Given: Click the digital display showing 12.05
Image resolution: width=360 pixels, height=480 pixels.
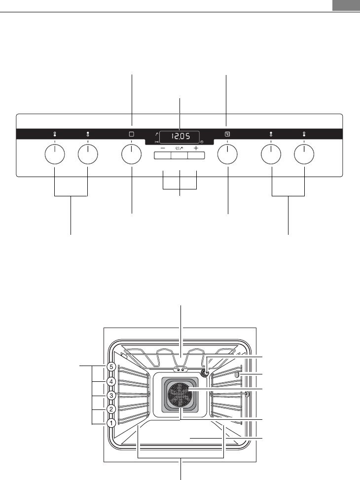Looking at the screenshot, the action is (180, 137).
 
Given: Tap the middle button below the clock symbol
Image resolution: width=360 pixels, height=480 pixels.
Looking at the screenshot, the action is (179, 155).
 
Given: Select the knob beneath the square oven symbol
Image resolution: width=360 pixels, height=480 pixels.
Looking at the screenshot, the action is (131, 154).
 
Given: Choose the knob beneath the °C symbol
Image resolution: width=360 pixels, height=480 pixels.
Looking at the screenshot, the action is (227, 154).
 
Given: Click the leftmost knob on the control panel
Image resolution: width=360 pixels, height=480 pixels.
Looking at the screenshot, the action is (55, 154).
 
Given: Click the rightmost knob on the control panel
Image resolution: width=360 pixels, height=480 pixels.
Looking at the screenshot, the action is (304, 154).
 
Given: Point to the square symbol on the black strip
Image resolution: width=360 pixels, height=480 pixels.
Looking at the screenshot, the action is (132, 134).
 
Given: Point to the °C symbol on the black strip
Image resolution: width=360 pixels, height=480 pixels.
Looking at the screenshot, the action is (227, 134).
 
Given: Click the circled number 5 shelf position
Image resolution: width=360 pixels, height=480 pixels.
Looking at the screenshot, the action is (111, 367).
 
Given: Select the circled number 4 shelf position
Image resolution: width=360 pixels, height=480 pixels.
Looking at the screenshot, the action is (111, 381).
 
